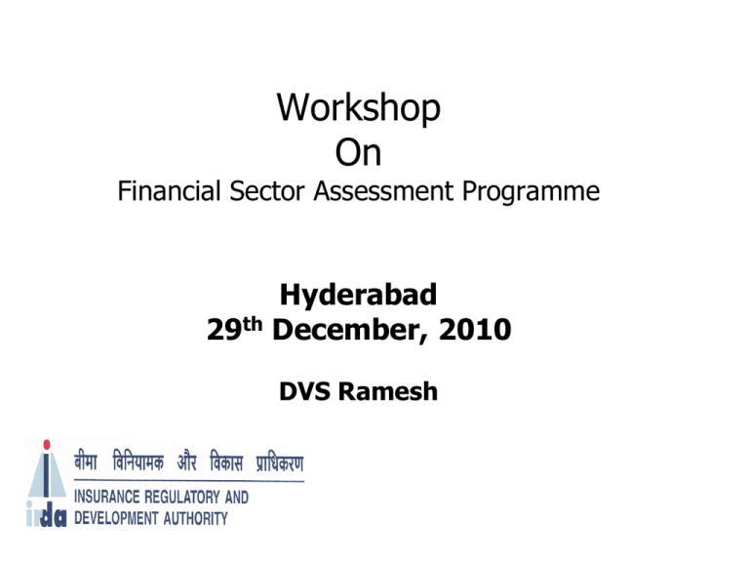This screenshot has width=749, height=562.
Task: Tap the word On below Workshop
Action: (x=358, y=153)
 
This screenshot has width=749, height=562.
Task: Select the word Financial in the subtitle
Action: (x=169, y=190)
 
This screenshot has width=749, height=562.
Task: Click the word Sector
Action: (x=266, y=190)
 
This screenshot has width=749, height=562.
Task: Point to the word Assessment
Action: (x=383, y=190)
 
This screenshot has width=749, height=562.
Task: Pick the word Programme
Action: (x=531, y=193)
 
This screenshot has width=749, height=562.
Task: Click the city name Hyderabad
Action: (x=358, y=296)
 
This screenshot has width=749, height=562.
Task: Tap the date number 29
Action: (x=224, y=329)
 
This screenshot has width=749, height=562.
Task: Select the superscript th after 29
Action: (x=253, y=324)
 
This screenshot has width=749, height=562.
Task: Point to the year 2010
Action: (x=475, y=329)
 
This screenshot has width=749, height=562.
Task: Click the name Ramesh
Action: (x=388, y=391)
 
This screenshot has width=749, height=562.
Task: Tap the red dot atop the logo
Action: (x=47, y=445)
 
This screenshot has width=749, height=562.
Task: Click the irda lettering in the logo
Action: (x=47, y=516)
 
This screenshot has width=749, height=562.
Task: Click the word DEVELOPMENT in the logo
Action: (x=116, y=518)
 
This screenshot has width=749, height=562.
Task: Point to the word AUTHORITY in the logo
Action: (x=195, y=518)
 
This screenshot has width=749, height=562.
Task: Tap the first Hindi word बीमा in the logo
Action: (x=86, y=462)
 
